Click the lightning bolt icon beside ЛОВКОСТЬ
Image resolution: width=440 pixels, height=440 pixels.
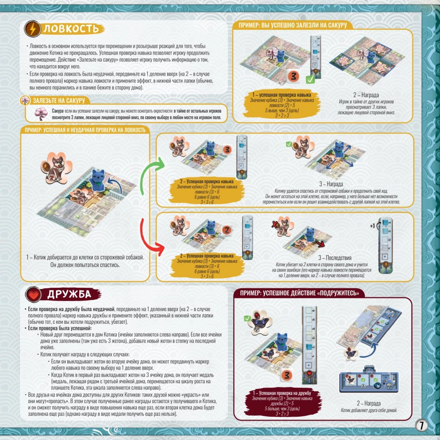32,29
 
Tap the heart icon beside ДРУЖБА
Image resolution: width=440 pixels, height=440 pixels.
32,294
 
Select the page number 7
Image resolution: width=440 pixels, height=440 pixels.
421,425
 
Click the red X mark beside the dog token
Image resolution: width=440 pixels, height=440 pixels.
276,224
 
